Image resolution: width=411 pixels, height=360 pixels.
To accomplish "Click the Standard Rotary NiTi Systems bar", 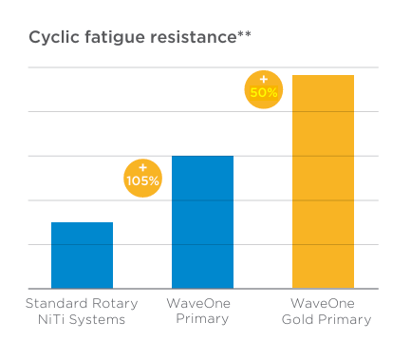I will click(x=82, y=255).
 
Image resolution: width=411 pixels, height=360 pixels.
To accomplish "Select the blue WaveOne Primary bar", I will click(x=202, y=221).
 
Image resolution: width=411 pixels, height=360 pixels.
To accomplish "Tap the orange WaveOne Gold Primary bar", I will click(x=323, y=180).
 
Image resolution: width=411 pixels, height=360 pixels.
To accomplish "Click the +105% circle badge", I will click(x=143, y=174).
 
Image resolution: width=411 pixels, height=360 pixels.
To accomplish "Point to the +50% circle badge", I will click(x=263, y=88).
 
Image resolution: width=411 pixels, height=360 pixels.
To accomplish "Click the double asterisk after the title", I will click(x=242, y=35).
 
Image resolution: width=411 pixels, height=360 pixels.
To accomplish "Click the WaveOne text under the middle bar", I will click(x=201, y=303).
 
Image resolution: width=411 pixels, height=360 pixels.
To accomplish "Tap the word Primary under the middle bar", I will click(x=202, y=319).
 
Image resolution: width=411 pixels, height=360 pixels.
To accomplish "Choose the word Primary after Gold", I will click(x=346, y=319).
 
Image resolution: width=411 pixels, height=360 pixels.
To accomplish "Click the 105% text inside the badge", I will click(x=143, y=179).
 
